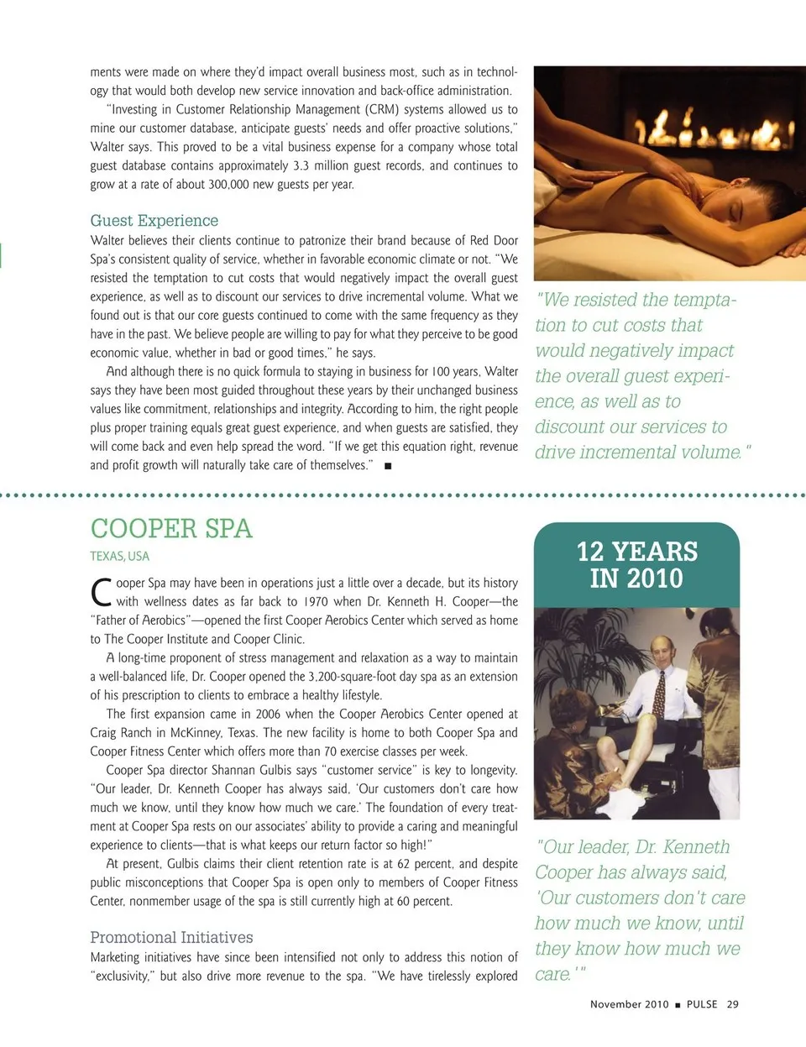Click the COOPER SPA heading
(x=171, y=528)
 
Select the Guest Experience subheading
(x=154, y=221)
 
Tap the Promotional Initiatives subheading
(x=171, y=937)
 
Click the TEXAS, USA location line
(x=120, y=556)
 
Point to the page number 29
(x=733, y=1004)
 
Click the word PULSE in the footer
(x=702, y=1004)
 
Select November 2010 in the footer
(x=629, y=1004)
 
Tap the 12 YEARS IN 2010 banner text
(x=636, y=565)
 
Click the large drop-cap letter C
(x=102, y=592)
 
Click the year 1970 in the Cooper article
(x=317, y=601)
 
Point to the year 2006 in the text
(x=268, y=714)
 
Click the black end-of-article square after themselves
(x=388, y=466)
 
